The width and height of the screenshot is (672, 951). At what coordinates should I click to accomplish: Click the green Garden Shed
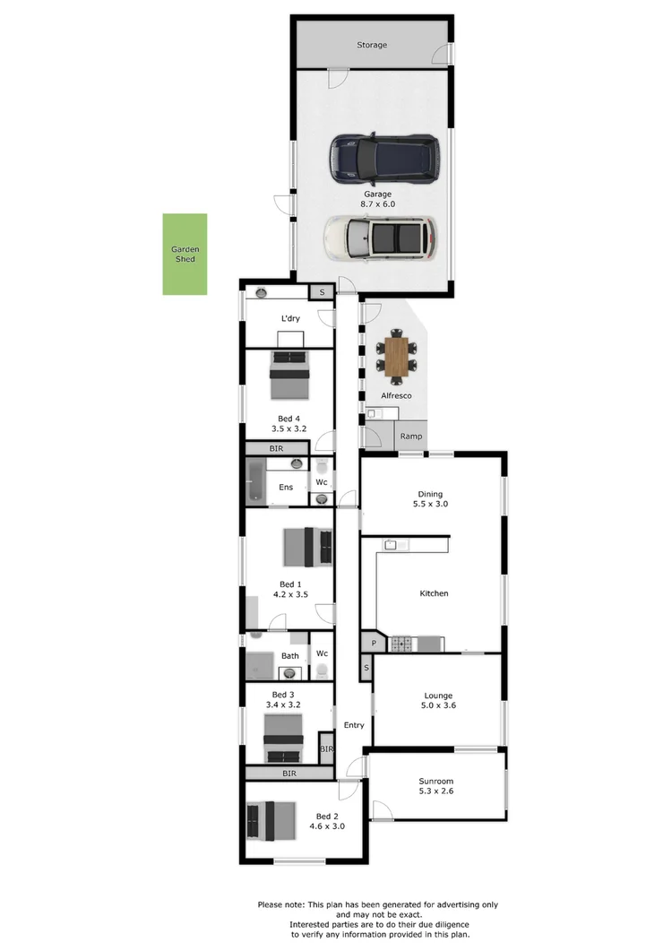[185, 254]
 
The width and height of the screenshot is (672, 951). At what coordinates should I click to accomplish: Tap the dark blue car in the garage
[383, 157]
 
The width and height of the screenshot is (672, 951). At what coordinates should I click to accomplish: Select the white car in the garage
[380, 238]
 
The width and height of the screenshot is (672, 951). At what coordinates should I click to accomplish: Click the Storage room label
[372, 45]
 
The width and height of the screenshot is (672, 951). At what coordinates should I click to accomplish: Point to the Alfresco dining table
[395, 356]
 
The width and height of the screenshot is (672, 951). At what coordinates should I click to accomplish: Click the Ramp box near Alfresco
[411, 437]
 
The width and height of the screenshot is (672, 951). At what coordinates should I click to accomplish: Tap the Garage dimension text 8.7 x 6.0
[377, 204]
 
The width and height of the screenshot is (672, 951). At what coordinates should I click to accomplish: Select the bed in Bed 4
[289, 376]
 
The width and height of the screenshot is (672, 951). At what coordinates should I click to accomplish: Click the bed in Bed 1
[307, 547]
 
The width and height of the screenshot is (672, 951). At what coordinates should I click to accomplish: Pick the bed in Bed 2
[271, 820]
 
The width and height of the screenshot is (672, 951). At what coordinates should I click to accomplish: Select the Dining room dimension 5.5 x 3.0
[432, 505]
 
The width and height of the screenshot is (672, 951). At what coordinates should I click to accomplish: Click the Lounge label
[438, 696]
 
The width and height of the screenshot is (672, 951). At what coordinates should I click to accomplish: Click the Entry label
[354, 725]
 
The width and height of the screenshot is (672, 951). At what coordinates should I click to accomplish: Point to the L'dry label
[290, 318]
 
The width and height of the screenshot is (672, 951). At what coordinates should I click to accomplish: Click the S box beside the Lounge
[366, 669]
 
